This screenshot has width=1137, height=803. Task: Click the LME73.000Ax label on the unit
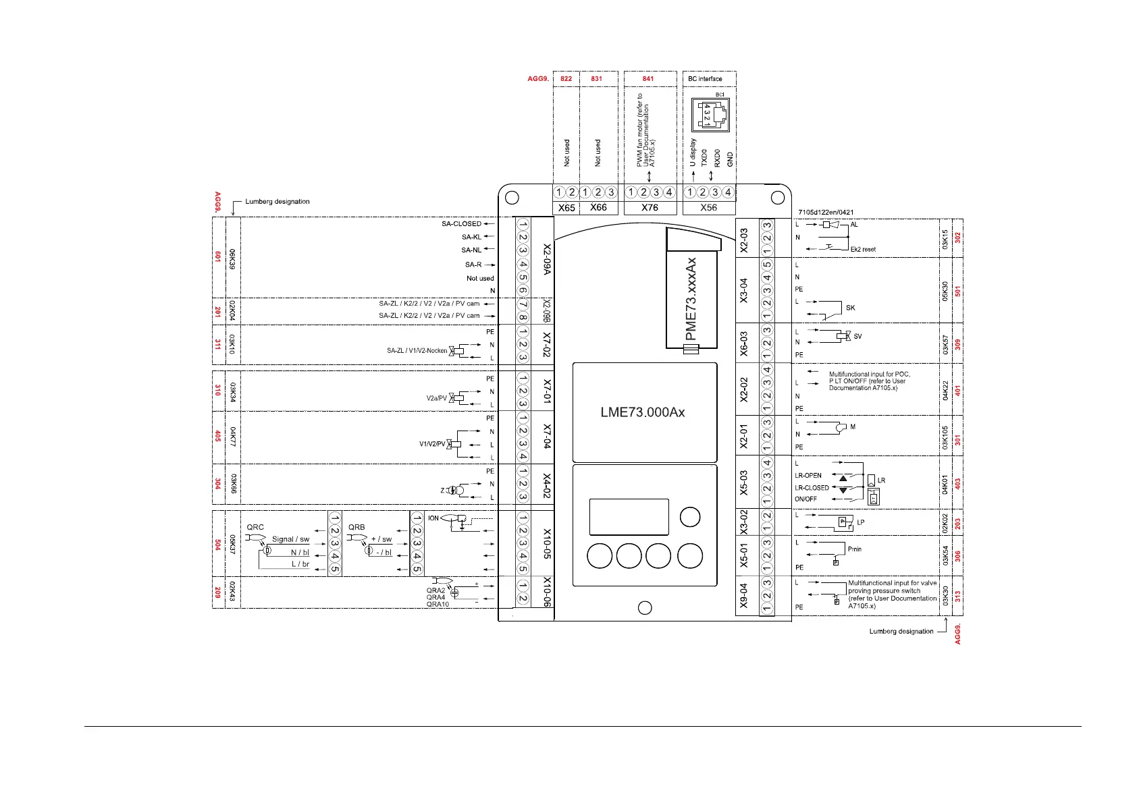click(x=643, y=412)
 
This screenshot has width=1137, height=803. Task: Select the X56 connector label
click(x=708, y=208)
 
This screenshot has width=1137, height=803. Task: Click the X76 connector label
click(x=650, y=208)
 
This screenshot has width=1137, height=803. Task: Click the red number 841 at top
click(x=648, y=79)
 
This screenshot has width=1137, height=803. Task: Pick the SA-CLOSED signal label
click(x=462, y=224)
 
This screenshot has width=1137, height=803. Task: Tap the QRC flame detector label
click(x=255, y=527)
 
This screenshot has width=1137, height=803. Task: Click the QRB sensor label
click(x=356, y=527)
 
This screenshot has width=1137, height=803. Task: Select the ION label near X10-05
click(x=433, y=518)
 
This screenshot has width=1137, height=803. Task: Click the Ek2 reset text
click(x=863, y=250)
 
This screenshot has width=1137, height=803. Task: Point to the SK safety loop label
click(x=850, y=308)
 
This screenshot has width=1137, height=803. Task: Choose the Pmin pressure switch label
click(x=855, y=549)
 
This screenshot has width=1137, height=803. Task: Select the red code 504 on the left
click(x=217, y=544)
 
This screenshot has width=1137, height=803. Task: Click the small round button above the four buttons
click(x=690, y=517)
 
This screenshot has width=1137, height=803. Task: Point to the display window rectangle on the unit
click(x=629, y=517)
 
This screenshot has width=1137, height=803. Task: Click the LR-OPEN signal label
click(x=808, y=476)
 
